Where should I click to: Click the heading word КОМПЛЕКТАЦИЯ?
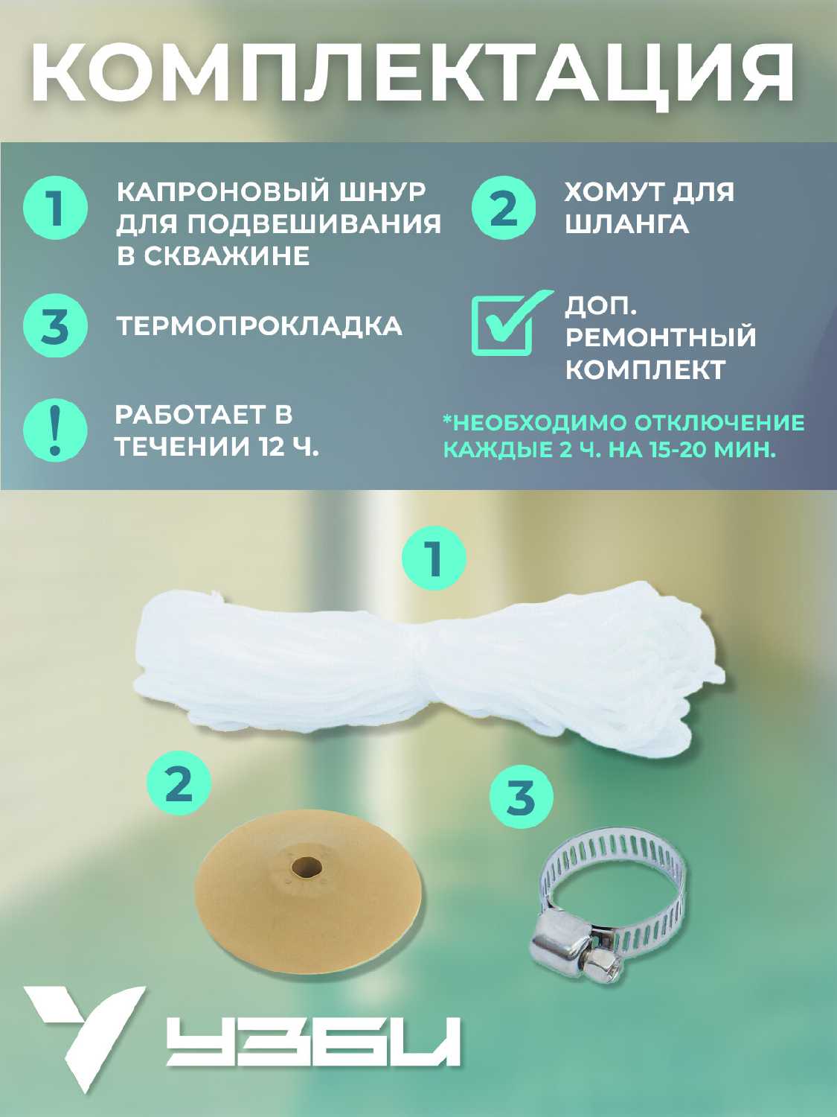(412, 74)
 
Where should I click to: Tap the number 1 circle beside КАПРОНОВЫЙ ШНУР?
(55, 208)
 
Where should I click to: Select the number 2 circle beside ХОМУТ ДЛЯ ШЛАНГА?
(503, 208)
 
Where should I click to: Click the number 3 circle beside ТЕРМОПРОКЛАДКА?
(55, 325)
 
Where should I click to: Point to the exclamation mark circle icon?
(55, 430)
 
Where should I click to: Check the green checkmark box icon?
(510, 322)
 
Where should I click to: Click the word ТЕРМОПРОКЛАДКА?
(260, 326)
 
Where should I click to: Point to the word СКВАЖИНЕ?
(226, 255)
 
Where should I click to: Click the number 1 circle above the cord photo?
(434, 558)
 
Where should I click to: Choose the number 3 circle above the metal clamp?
(521, 796)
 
